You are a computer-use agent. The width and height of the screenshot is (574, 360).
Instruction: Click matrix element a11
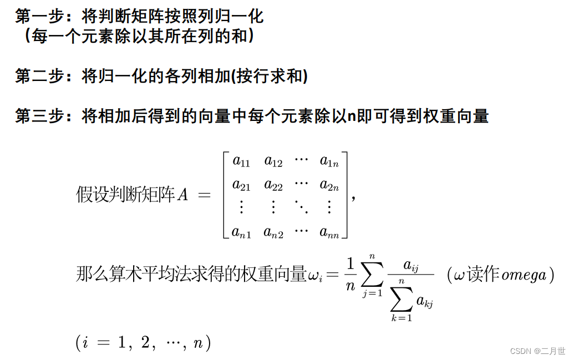[241, 162]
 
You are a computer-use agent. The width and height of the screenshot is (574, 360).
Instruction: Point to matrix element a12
[273, 162]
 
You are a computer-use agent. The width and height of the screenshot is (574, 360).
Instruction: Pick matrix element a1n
[329, 162]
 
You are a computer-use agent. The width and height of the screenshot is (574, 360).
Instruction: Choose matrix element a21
[241, 185]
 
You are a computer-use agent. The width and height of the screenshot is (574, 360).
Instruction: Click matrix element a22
[273, 185]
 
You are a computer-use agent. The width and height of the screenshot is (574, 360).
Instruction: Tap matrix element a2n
[329, 185]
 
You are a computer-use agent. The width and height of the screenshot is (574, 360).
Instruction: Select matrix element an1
[242, 232]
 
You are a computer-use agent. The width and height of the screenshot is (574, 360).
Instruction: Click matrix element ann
[329, 232]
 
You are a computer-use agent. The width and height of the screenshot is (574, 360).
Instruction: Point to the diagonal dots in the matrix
[301, 208]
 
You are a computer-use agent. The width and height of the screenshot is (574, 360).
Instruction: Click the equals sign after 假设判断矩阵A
[204, 195]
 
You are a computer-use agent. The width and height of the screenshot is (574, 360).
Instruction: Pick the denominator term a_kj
[424, 303]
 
